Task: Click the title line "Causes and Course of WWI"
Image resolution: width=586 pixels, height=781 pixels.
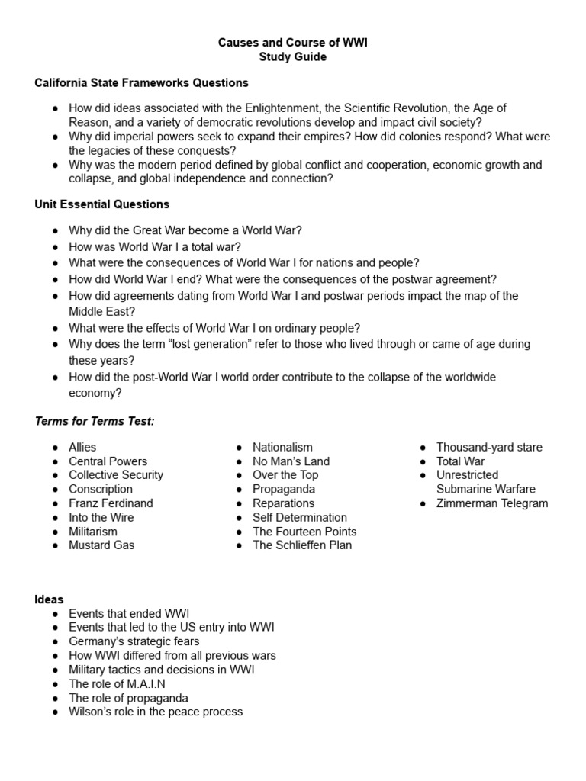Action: pyautogui.click(x=293, y=43)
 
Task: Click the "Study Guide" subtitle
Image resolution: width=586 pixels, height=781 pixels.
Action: pyautogui.click(x=293, y=57)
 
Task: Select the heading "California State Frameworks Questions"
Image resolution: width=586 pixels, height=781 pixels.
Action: pyautogui.click(x=141, y=82)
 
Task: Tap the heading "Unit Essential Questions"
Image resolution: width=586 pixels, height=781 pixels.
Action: pyautogui.click(x=102, y=204)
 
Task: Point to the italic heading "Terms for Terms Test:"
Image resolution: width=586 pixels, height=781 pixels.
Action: pyautogui.click(x=95, y=422)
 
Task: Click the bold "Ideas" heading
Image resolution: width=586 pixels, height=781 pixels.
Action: pyautogui.click(x=49, y=599)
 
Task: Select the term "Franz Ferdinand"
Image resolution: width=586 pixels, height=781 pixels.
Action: pyautogui.click(x=111, y=503)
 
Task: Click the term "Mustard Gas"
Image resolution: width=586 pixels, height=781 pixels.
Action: pyautogui.click(x=101, y=545)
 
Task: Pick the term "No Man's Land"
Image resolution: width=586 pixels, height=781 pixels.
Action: pyautogui.click(x=291, y=461)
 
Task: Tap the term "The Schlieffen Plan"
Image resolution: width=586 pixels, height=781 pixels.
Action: pyautogui.click(x=302, y=545)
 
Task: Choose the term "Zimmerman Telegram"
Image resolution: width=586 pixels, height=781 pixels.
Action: pyautogui.click(x=492, y=503)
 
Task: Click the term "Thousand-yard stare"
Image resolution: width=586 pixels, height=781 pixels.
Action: pyautogui.click(x=489, y=448)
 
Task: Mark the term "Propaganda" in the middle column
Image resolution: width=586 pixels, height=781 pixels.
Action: pyautogui.click(x=284, y=490)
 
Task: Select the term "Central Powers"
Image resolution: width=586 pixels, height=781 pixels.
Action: pyautogui.click(x=108, y=461)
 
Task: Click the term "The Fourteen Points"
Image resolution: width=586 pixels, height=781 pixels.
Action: pyautogui.click(x=304, y=532)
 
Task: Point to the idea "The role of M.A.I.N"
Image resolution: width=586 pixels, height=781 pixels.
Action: pyautogui.click(x=117, y=684)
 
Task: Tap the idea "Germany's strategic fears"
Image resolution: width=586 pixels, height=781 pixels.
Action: pyautogui.click(x=134, y=641)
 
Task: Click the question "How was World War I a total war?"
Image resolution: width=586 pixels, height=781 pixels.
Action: pyautogui.click(x=154, y=246)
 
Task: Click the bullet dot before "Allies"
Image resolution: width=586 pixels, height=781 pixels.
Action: pyautogui.click(x=56, y=448)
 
